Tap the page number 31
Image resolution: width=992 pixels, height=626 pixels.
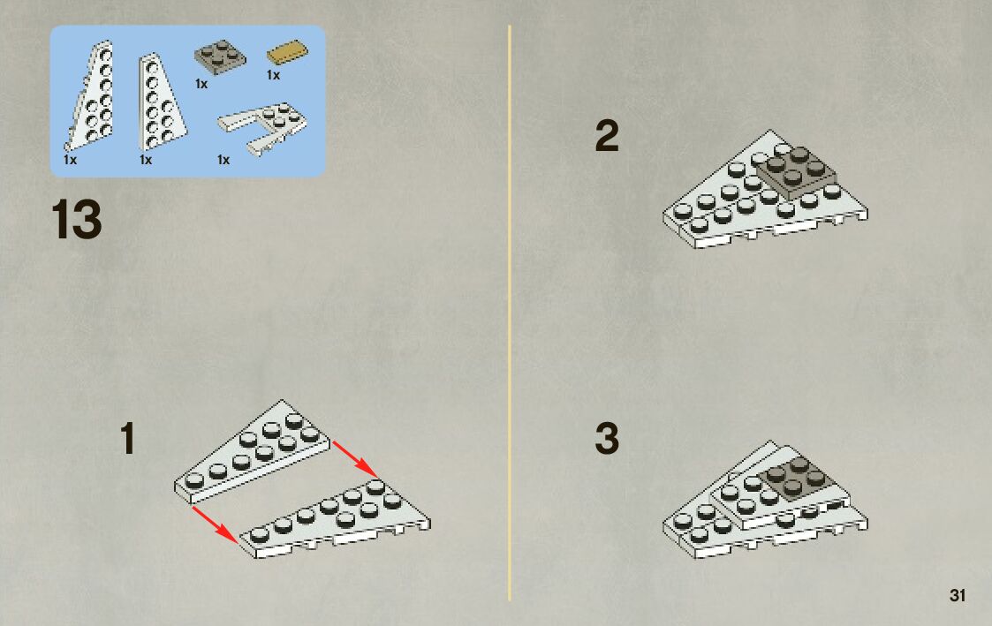(x=958, y=596)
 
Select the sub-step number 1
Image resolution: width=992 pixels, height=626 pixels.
(x=128, y=440)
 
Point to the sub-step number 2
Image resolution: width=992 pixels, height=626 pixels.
(x=607, y=137)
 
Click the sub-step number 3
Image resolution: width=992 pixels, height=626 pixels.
(x=607, y=439)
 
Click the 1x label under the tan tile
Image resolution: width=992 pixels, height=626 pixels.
(x=273, y=76)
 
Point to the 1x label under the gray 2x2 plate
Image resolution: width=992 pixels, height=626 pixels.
(x=201, y=85)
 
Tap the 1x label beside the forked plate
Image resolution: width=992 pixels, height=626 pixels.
(x=223, y=160)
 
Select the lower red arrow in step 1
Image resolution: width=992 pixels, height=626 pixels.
(x=215, y=523)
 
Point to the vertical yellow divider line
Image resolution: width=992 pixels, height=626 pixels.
(x=510, y=309)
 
